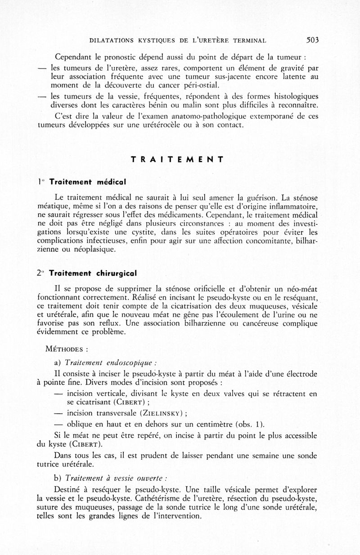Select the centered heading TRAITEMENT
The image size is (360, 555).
[177, 159]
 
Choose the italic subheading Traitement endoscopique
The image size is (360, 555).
[111, 363]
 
